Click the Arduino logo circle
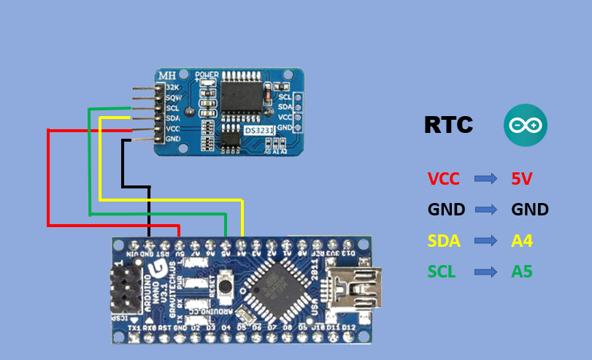click(x=526, y=126)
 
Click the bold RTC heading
click(x=448, y=126)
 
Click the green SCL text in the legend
click(x=442, y=272)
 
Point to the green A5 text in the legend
click(x=522, y=272)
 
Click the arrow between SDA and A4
click(x=485, y=240)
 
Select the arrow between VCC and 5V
click(x=485, y=178)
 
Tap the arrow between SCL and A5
click(x=485, y=272)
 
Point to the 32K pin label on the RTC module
click(x=172, y=87)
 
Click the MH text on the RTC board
click(x=168, y=75)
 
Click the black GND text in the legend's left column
click(x=446, y=210)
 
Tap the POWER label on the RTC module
click(x=207, y=74)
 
